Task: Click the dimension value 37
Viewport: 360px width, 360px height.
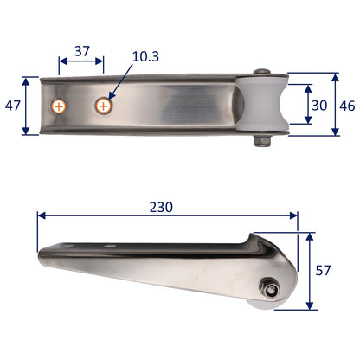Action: click(81, 51)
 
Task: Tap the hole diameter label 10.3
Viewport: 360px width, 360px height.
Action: click(146, 56)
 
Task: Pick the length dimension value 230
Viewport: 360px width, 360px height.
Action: click(161, 207)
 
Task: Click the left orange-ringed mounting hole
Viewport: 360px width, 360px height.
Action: click(59, 106)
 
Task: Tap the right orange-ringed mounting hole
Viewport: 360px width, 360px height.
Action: click(104, 106)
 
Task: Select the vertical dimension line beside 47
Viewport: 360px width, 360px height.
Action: click(29, 106)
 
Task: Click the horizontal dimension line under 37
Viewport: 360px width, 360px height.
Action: click(81, 62)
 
